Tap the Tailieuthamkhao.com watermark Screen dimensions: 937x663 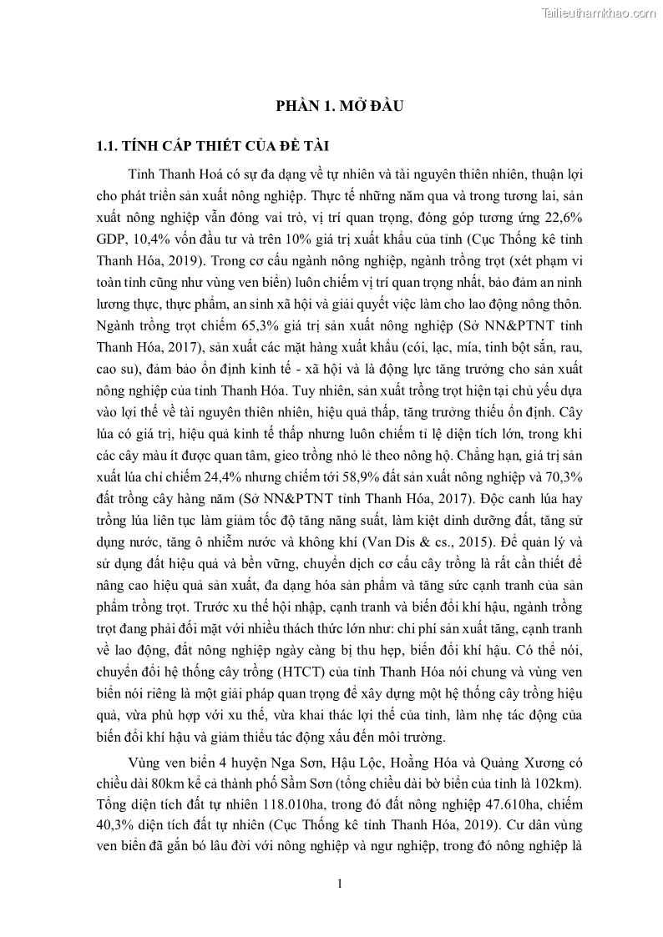(x=599, y=12)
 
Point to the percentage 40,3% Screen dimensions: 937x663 (x=118, y=827)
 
